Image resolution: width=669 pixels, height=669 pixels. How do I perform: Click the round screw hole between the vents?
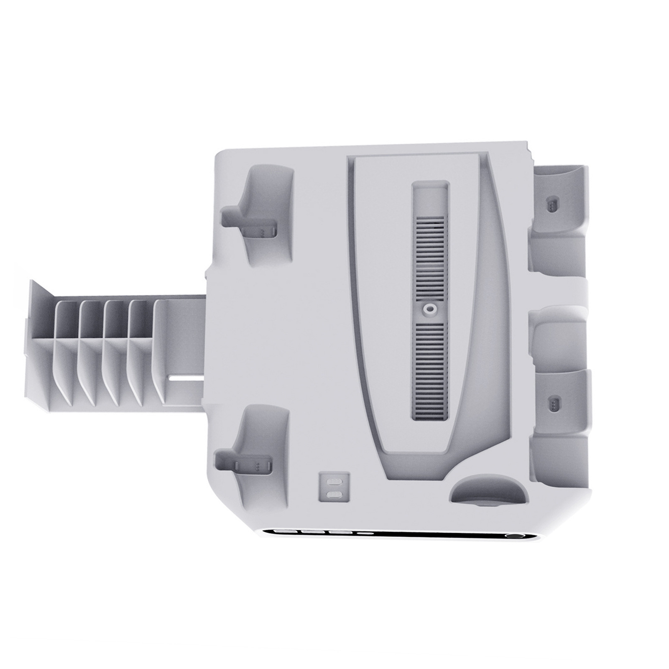click(x=428, y=309)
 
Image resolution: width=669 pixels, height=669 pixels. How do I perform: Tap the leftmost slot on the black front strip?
click(x=284, y=533)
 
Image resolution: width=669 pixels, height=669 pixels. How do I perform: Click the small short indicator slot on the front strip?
click(x=367, y=534)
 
